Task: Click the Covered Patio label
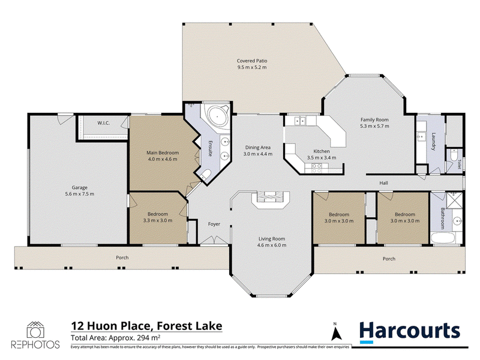252,61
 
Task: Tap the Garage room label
80,188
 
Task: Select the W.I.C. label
104,123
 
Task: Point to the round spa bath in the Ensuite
217,116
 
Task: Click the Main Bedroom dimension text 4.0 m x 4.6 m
163,159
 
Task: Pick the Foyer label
214,224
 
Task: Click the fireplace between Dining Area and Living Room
271,197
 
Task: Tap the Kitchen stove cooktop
317,168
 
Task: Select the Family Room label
374,120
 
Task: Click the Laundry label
433,142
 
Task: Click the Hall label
383,183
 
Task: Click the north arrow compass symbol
337,332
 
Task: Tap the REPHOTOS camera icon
35,330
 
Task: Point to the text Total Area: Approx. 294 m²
116,338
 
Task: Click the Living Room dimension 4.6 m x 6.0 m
272,245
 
